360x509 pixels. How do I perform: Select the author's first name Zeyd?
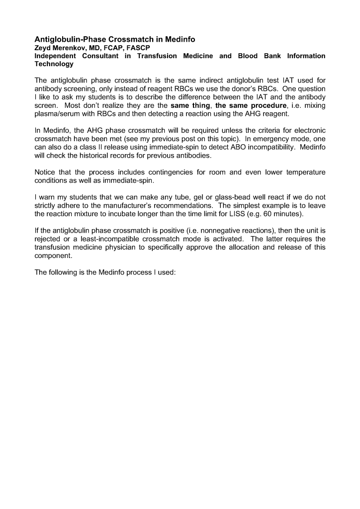(43, 48)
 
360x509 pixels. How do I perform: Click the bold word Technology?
(54, 64)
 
